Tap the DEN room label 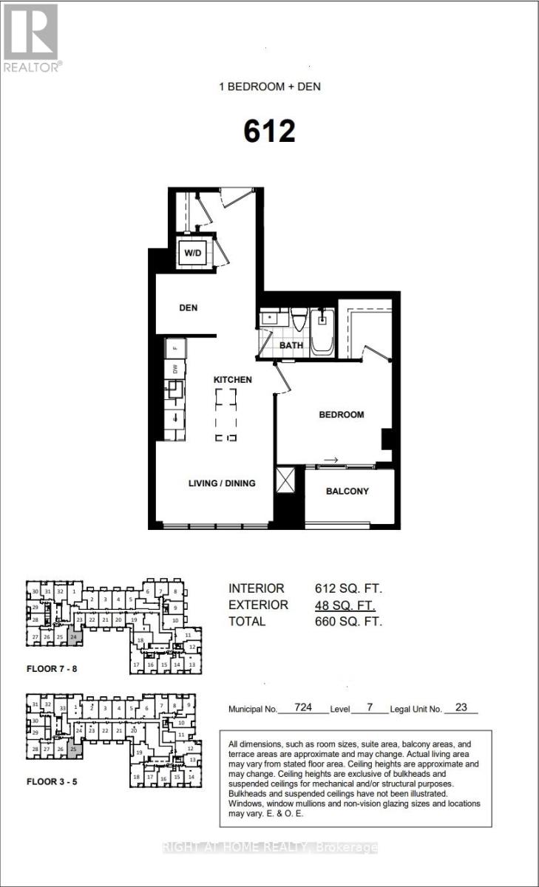point(189,307)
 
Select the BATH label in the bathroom point(292,345)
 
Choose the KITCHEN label point(233,379)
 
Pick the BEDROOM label point(342,415)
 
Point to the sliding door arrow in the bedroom point(330,461)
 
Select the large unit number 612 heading point(269,132)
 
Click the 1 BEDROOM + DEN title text point(269,86)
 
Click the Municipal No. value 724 point(302,707)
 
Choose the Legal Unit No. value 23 point(461,707)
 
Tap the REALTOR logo point(30,37)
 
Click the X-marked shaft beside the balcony point(284,480)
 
